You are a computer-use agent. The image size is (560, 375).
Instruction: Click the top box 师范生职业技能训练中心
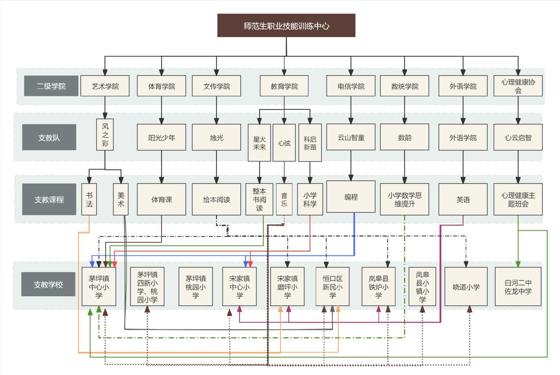[x=286, y=26]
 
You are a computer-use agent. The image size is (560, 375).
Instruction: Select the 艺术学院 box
[x=105, y=86]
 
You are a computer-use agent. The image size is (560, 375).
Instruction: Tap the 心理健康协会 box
[x=518, y=86]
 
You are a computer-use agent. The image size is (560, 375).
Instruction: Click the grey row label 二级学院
[x=51, y=86]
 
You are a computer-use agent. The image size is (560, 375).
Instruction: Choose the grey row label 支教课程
[x=49, y=199]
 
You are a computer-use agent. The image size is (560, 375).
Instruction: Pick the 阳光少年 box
[x=162, y=137]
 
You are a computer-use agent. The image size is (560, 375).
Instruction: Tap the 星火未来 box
[x=259, y=143]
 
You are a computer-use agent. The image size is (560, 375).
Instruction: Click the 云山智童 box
[x=351, y=137]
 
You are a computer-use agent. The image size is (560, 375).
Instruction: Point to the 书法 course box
[x=89, y=199]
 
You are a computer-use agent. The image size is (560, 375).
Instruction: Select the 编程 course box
[x=351, y=197]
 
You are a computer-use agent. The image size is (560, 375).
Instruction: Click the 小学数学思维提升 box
[x=404, y=199]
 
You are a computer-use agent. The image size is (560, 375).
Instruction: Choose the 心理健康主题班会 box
[x=518, y=199]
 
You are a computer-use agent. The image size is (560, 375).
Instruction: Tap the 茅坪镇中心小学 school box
[x=99, y=286]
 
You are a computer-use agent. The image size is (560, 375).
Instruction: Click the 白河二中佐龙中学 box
[x=518, y=286]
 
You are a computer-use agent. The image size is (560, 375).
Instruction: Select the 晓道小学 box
[x=466, y=286]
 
